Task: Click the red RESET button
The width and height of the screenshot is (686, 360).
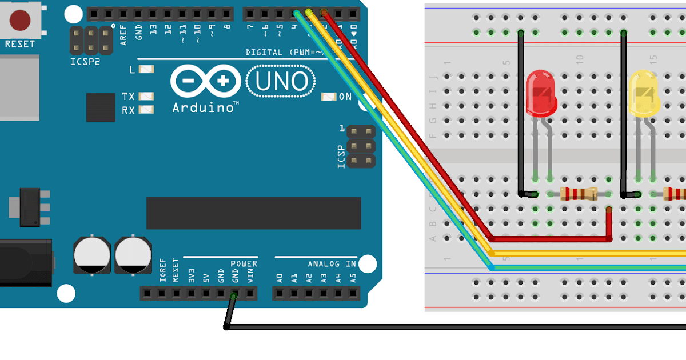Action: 20,20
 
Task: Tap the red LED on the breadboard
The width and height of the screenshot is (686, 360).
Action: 540,94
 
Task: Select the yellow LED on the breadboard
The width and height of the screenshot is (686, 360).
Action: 644,94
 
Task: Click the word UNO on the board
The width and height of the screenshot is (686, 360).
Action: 281,82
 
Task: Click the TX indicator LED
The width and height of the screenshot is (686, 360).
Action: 147,97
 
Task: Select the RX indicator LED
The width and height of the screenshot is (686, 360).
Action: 147,110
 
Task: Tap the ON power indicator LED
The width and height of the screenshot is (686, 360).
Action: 328,97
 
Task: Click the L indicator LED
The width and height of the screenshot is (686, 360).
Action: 147,70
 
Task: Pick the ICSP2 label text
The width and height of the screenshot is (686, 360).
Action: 85,62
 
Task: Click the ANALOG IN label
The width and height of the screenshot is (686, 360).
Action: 332,264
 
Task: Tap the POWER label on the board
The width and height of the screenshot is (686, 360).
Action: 244,264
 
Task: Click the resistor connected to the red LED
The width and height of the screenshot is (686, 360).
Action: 579,194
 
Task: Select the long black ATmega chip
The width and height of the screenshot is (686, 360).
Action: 253,213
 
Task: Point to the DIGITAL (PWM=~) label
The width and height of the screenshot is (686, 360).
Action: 284,53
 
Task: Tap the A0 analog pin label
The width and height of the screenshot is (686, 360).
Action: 280,278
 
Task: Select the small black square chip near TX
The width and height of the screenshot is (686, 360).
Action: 101,107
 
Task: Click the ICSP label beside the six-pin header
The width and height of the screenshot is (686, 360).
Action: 342,157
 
